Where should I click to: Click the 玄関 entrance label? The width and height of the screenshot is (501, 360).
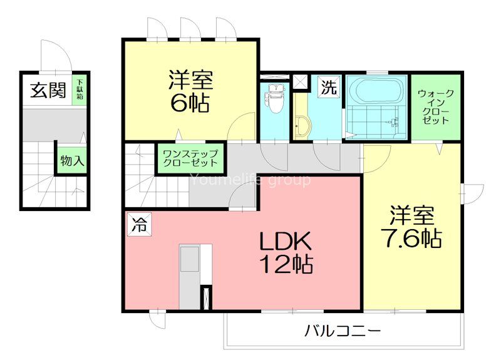[47, 91]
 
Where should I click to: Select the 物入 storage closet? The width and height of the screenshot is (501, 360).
[71, 160]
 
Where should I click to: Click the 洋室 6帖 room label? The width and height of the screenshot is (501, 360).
[190, 91]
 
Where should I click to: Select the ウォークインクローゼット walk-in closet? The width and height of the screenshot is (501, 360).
[436, 107]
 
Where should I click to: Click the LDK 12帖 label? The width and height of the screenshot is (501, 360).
[286, 252]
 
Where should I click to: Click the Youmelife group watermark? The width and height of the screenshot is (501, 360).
[250, 181]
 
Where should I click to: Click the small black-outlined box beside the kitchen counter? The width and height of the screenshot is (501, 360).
[205, 297]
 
